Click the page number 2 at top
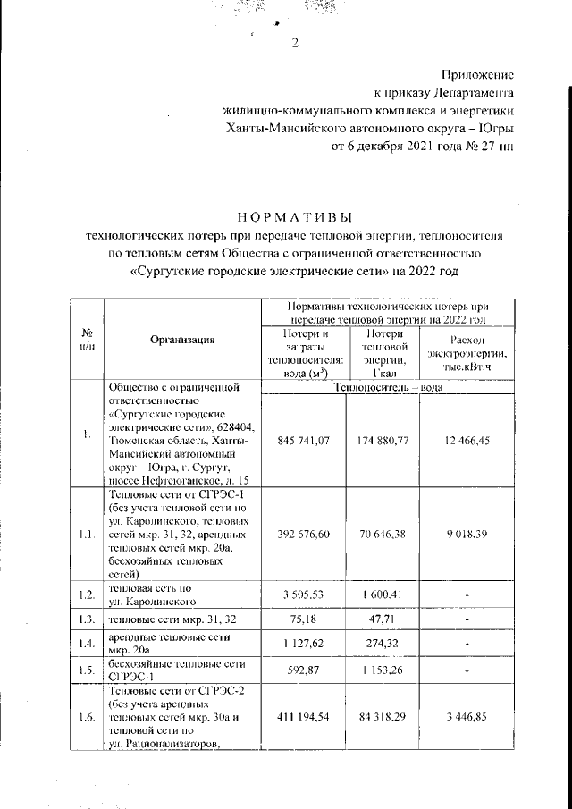pos(294,46)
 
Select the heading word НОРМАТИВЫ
pos(294,217)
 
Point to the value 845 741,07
pos(305,442)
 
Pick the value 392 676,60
pos(305,534)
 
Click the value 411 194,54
pos(305,718)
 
